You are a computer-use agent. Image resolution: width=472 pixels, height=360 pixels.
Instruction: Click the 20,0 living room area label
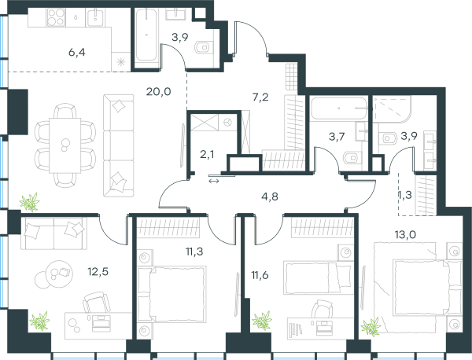coord(159,91)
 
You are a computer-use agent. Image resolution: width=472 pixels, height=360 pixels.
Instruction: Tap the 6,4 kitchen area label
coord(77,53)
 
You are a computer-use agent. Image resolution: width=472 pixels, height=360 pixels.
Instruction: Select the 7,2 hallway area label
coord(260,97)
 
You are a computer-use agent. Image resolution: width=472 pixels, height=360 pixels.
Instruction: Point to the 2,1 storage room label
coord(207,155)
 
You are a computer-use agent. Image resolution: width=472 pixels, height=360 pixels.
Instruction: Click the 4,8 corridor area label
coord(270,197)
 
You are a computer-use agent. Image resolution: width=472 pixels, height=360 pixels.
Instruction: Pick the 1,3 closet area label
coord(405,195)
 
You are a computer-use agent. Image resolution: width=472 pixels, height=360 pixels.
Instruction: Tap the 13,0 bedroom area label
coord(405,234)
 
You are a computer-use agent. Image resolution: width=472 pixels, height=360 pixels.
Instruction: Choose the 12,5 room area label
coord(98,272)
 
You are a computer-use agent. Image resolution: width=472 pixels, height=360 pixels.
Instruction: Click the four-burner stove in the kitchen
coord(56,17)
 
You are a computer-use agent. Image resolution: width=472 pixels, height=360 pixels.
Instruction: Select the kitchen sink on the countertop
coord(96,17)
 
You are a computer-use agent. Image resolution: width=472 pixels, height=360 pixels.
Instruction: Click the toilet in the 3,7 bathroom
coord(351,157)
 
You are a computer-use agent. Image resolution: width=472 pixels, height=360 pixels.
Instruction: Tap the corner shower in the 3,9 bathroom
coord(392,109)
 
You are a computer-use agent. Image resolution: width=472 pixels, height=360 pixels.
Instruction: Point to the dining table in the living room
coord(65,145)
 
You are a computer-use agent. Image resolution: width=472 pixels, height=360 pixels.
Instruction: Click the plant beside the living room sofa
coord(30,202)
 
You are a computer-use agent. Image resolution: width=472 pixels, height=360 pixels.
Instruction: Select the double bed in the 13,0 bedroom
coord(418,288)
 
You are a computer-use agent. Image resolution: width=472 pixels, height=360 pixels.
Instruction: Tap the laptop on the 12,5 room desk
coord(102,322)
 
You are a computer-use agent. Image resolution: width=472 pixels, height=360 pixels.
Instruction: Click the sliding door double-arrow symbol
coord(214,181)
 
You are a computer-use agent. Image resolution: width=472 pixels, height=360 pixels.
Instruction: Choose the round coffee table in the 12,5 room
coord(61,273)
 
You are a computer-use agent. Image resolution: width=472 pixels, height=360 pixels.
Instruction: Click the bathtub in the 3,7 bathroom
coord(338,108)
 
